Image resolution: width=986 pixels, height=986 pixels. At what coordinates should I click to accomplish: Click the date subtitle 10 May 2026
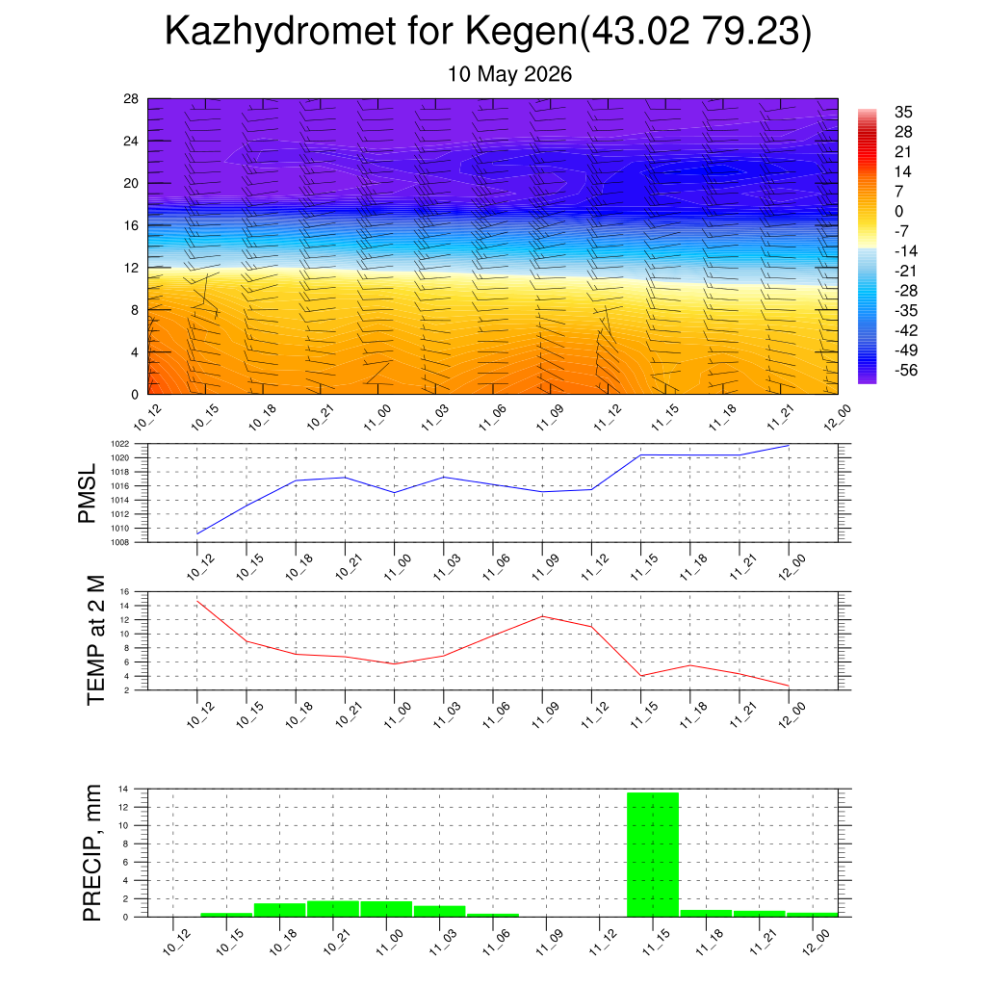(509, 74)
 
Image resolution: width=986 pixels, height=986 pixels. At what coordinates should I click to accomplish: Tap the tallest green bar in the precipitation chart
(653, 855)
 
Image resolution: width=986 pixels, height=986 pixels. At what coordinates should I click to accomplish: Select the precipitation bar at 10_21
(333, 909)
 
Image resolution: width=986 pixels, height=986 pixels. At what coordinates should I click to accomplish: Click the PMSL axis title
(87, 494)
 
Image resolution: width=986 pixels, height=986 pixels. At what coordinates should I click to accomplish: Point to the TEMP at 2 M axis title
(95, 640)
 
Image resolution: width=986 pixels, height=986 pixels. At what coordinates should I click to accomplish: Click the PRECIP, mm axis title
(91, 853)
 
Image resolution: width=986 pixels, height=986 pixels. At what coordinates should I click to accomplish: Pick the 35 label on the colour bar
(903, 112)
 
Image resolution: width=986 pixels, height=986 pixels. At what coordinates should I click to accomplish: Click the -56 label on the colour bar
(906, 370)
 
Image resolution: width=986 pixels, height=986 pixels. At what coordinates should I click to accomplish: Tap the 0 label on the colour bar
(898, 211)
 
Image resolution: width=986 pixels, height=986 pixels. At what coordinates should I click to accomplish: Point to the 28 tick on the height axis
(131, 99)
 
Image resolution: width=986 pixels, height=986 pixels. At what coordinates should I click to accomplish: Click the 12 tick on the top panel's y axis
(131, 268)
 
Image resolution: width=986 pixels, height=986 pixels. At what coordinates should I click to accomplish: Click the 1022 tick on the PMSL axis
(120, 444)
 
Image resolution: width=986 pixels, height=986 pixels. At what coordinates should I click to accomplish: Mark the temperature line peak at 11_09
(543, 616)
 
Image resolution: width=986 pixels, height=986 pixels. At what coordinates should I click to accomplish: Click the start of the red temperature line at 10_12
(197, 601)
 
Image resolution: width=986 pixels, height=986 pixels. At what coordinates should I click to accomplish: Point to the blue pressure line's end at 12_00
(789, 445)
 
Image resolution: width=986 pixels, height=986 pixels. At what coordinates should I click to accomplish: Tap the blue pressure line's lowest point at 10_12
(197, 533)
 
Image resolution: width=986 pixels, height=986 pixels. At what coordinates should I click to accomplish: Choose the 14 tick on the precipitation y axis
(123, 789)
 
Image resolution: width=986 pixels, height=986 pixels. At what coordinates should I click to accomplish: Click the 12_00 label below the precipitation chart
(817, 943)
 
